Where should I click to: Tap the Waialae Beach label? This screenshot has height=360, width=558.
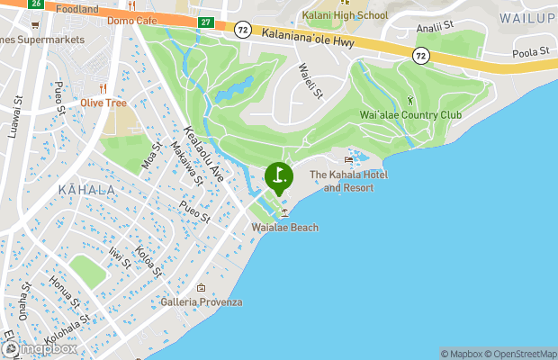(x=285, y=228)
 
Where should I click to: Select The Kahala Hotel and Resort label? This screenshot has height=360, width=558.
(x=348, y=181)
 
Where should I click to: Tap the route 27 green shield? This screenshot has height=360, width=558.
(x=206, y=21)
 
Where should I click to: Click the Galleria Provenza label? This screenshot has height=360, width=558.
(x=202, y=301)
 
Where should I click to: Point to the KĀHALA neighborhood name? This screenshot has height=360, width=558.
(x=86, y=190)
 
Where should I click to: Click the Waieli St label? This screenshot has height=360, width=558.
(x=309, y=86)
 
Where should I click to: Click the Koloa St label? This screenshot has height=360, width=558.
(x=148, y=260)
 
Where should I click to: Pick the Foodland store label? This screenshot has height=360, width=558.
(x=76, y=8)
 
